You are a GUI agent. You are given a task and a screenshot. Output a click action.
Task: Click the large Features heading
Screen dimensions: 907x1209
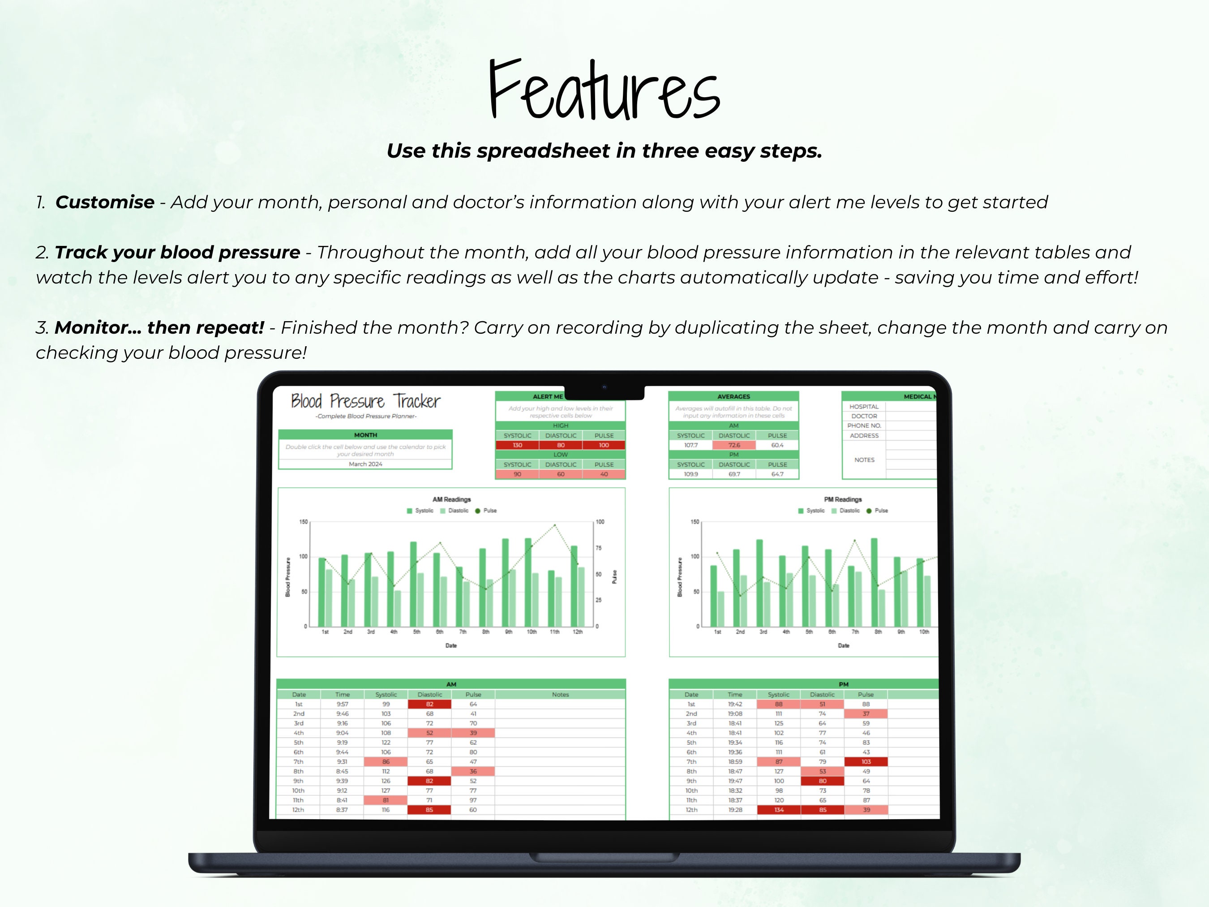(604, 90)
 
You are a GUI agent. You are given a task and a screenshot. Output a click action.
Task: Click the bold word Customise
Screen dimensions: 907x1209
(105, 202)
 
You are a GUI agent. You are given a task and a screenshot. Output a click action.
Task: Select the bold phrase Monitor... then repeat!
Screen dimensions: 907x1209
(159, 327)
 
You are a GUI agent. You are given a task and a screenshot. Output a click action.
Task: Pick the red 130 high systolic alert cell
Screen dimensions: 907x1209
(517, 445)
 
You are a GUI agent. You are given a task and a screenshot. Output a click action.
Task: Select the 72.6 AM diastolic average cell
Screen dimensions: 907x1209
(733, 445)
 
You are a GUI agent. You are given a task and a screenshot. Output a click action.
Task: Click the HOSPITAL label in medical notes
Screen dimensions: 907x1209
(864, 407)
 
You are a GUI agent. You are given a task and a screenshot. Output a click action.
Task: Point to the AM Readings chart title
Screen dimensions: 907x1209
(451, 499)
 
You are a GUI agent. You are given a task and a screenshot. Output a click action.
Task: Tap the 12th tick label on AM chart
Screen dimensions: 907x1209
(577, 632)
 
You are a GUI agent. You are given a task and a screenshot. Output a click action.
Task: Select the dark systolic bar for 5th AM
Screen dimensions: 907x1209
(413, 584)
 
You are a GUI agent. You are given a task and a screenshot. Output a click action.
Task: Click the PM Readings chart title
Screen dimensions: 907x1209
(843, 499)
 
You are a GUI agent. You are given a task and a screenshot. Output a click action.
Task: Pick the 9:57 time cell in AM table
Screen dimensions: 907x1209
(342, 704)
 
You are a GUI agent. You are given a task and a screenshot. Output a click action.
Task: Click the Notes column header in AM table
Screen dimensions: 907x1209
(560, 694)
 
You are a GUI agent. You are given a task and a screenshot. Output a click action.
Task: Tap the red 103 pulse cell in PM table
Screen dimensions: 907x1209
(866, 761)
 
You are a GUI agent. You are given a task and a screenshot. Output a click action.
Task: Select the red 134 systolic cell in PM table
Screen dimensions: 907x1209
(778, 810)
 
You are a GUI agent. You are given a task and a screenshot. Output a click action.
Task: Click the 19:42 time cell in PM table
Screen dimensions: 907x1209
(735, 704)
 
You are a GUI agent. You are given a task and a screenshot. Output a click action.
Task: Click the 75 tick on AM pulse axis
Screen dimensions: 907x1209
(599, 548)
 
